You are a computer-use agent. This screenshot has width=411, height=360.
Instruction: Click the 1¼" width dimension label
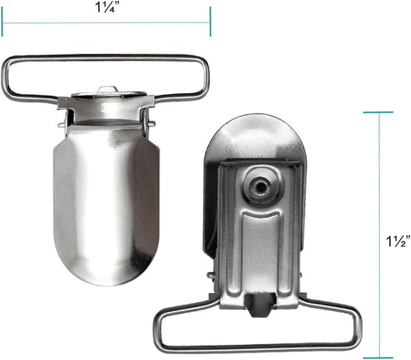click(x=105, y=8)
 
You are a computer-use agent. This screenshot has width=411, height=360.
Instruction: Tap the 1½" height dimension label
click(x=398, y=241)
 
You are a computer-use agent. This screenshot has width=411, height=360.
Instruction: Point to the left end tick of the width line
click(x=2, y=22)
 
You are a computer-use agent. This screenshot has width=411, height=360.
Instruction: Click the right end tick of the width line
click(x=210, y=22)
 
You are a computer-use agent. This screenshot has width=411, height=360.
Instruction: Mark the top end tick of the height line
click(x=378, y=112)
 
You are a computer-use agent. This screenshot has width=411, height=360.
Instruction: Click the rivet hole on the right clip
click(x=261, y=185)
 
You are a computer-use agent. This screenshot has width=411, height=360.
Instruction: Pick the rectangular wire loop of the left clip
click(x=106, y=58)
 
